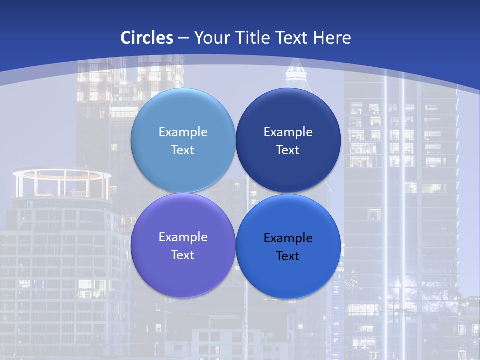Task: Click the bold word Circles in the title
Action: (x=146, y=38)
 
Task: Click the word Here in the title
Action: (x=332, y=38)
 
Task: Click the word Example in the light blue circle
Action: (x=183, y=132)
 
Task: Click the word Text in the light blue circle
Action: (x=183, y=150)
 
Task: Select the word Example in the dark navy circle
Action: (x=288, y=132)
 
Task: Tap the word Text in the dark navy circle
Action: (x=288, y=150)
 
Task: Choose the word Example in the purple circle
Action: (x=183, y=237)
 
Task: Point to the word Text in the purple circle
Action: (x=183, y=255)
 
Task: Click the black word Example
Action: (x=288, y=238)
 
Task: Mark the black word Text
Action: (x=288, y=256)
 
